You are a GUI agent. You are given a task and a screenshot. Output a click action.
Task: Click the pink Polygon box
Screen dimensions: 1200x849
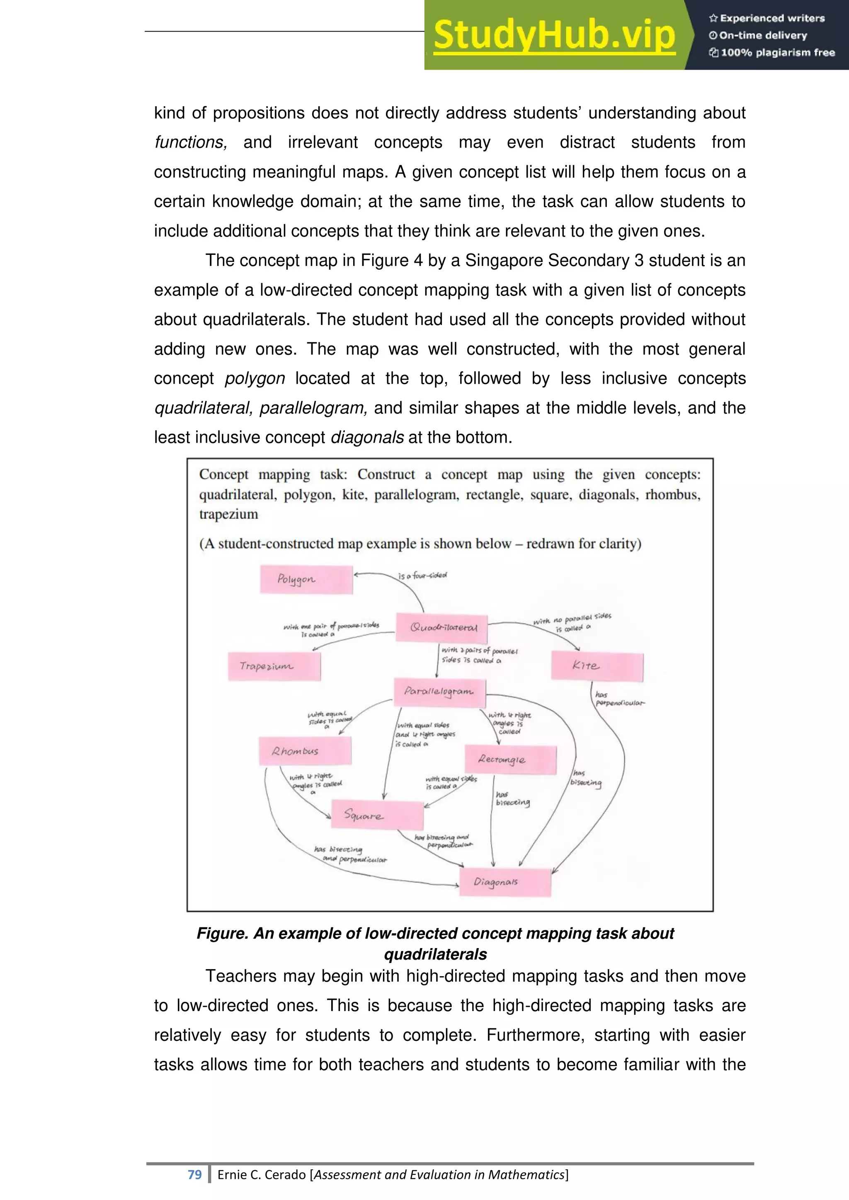tap(306, 579)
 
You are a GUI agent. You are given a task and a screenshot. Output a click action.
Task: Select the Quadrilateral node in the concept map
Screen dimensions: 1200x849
tap(442, 628)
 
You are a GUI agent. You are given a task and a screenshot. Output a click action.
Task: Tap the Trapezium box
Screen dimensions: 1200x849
tap(274, 666)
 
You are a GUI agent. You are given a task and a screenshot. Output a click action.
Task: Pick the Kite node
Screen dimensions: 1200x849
tap(597, 666)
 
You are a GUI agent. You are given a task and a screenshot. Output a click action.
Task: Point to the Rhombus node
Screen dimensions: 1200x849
tap(305, 751)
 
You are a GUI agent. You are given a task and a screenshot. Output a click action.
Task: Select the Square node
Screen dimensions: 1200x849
tap(377, 815)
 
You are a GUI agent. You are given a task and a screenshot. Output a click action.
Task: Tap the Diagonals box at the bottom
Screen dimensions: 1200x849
tap(505, 882)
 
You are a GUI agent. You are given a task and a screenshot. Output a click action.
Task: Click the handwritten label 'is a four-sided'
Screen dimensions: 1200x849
tap(422, 576)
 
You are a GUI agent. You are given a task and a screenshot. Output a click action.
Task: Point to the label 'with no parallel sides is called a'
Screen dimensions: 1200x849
tap(572, 622)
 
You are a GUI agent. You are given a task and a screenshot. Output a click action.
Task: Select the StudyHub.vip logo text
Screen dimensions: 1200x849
tap(554, 36)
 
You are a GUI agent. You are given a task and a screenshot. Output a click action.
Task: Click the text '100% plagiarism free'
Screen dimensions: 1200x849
tap(777, 52)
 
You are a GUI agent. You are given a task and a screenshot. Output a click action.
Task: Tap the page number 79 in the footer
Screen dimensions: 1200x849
tap(194, 1174)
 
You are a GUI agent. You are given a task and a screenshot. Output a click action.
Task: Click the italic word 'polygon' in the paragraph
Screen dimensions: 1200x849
tap(255, 378)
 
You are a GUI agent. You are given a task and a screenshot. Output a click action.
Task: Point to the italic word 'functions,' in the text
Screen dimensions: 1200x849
tap(190, 142)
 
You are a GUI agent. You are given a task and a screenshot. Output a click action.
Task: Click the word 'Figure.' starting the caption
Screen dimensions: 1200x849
tap(222, 934)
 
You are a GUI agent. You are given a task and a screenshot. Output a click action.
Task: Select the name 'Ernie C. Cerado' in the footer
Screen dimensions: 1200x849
tap(262, 1174)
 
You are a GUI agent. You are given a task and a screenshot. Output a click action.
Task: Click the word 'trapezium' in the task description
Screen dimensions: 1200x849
tap(228, 514)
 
